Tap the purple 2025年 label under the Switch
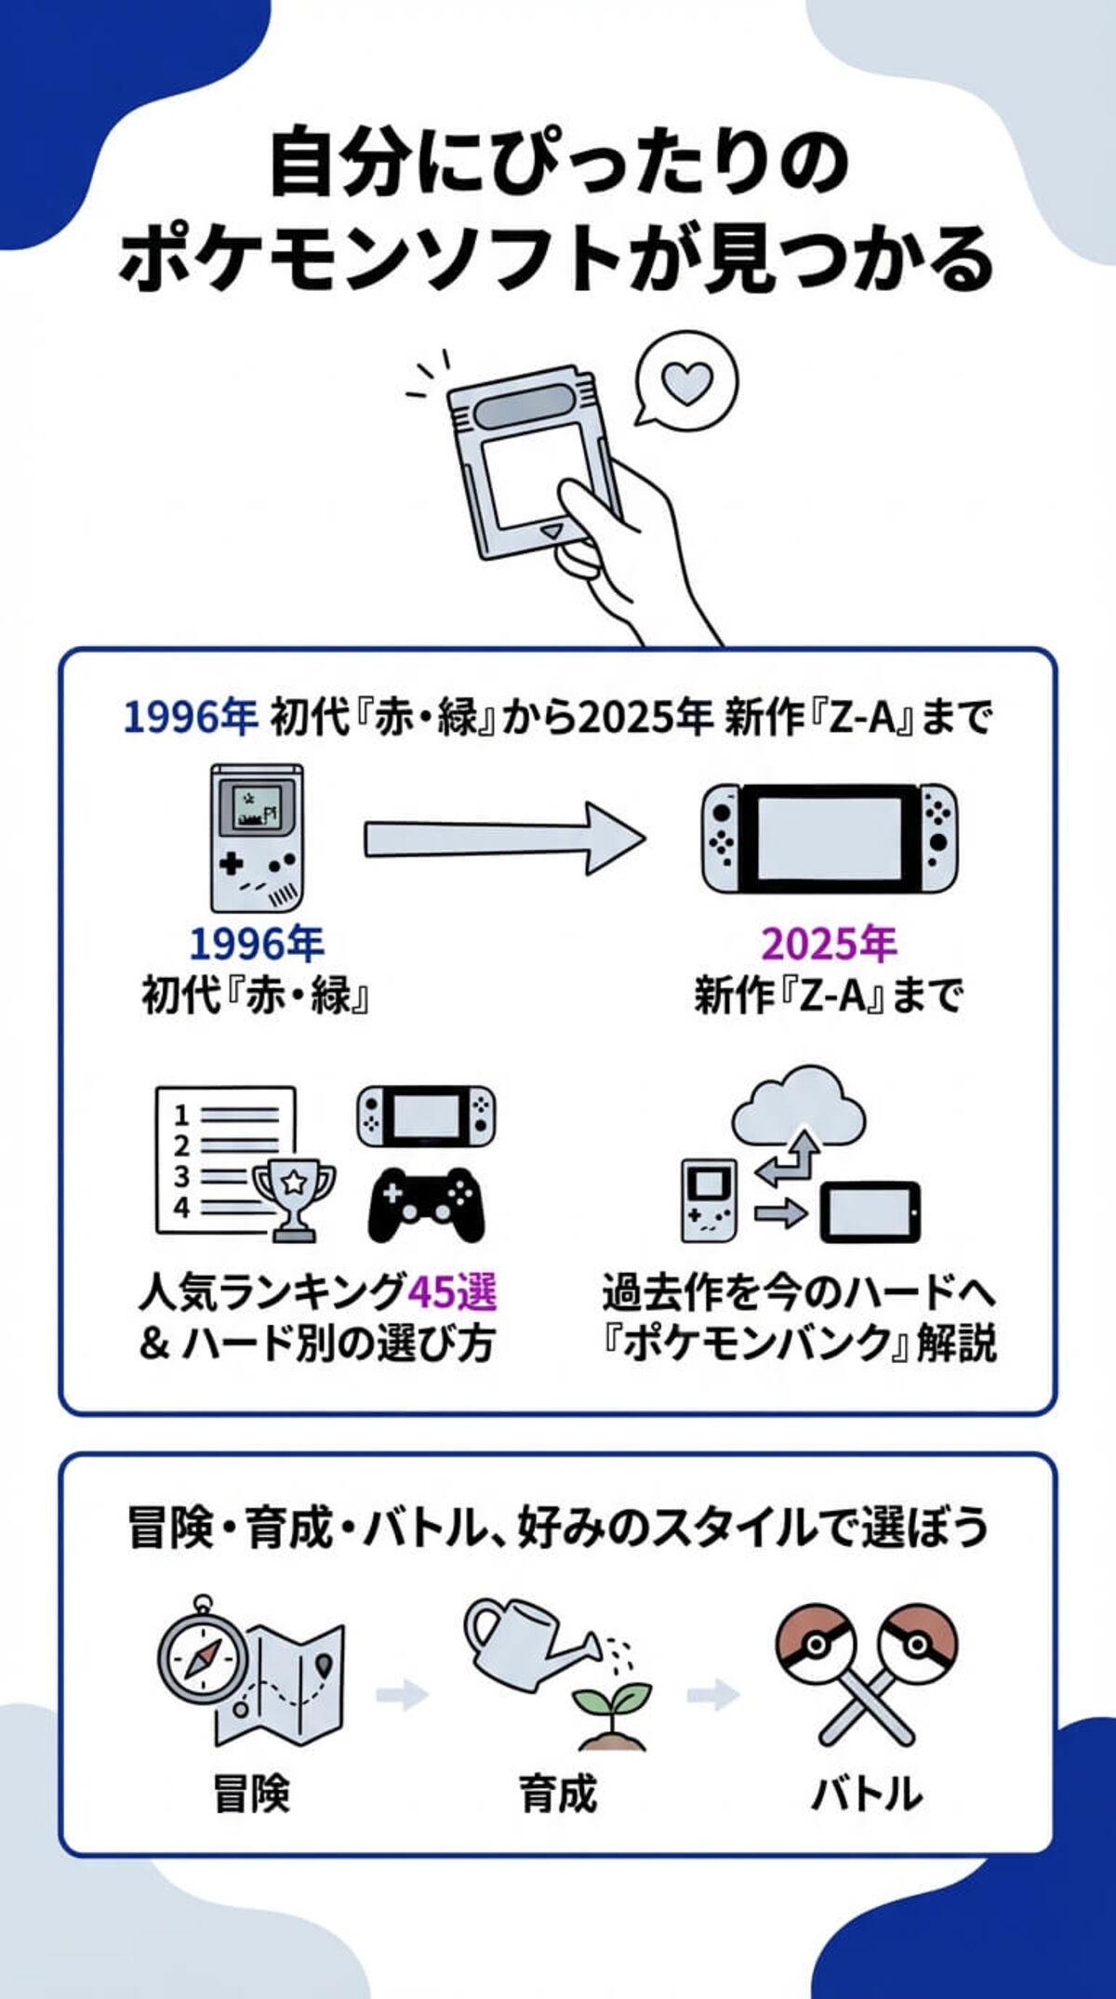pos(829,945)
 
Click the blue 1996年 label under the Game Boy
pos(257,945)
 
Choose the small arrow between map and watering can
pos(402,1694)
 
